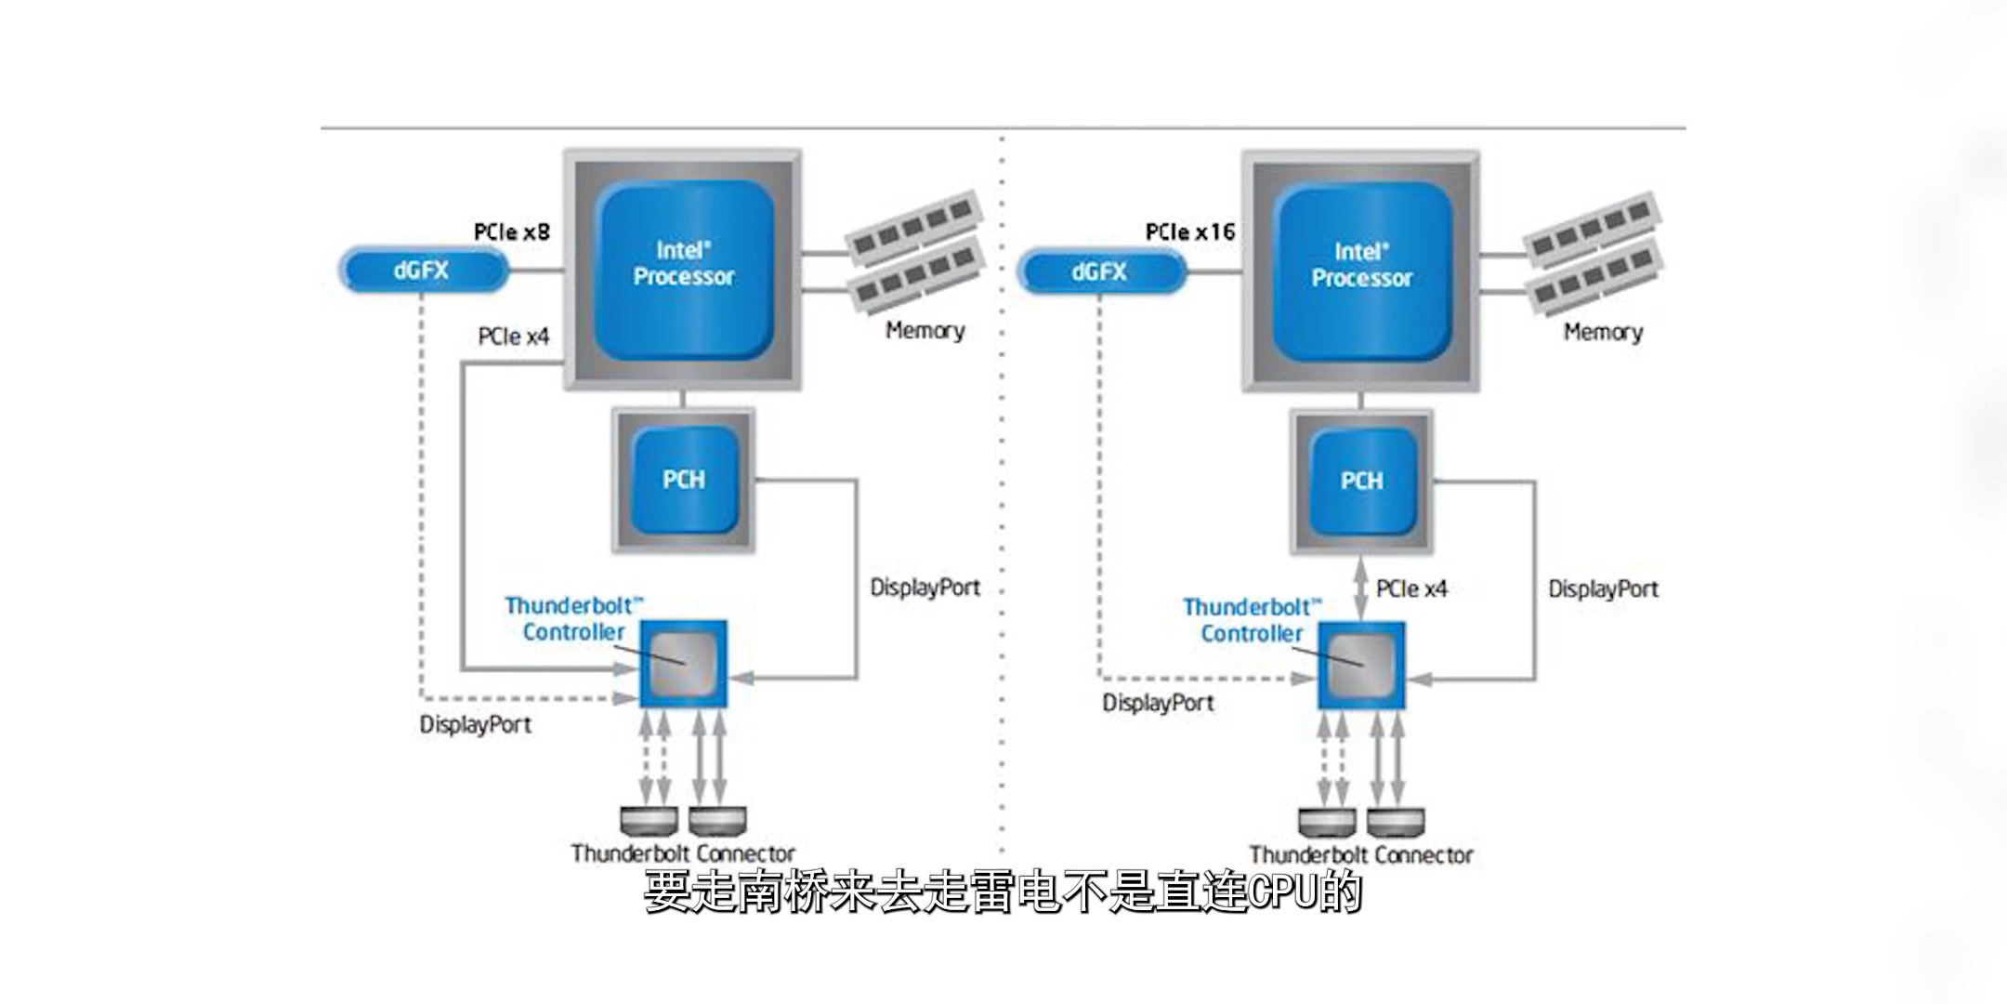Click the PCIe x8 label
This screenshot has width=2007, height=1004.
pos(512,231)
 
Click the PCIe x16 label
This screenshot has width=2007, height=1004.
pos(1190,231)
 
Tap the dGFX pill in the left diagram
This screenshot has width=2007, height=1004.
pos(424,271)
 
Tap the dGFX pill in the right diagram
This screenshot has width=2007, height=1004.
pos(1101,271)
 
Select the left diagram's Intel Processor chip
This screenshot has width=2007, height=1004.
pos(684,269)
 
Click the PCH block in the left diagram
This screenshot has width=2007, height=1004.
pos(684,480)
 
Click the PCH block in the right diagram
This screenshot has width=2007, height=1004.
pos(1361,481)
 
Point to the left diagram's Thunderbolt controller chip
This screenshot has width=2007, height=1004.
pos(684,663)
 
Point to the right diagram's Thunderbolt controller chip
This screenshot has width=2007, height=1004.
pos(1361,665)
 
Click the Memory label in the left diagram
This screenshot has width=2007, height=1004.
pos(925,331)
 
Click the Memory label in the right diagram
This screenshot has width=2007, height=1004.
pos(1603,332)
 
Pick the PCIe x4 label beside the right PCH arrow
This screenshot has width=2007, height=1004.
pos(1411,588)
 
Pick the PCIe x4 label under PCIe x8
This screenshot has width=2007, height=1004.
pos(514,337)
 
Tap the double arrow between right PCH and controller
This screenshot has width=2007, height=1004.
pos(1361,588)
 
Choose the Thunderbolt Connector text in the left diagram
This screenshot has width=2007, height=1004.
pos(683,853)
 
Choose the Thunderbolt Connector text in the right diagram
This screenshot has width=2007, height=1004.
pos(1361,854)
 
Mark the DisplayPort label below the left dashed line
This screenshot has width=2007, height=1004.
pos(476,724)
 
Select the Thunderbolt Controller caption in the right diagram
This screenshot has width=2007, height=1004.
pos(1251,620)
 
